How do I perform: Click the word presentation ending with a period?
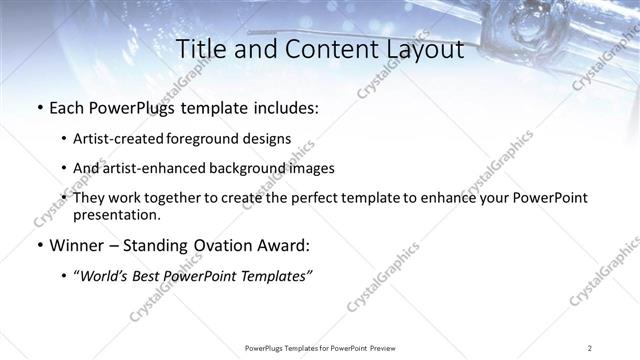116,214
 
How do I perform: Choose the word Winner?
76,245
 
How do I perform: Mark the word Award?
284,245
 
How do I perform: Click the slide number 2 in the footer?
590,347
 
